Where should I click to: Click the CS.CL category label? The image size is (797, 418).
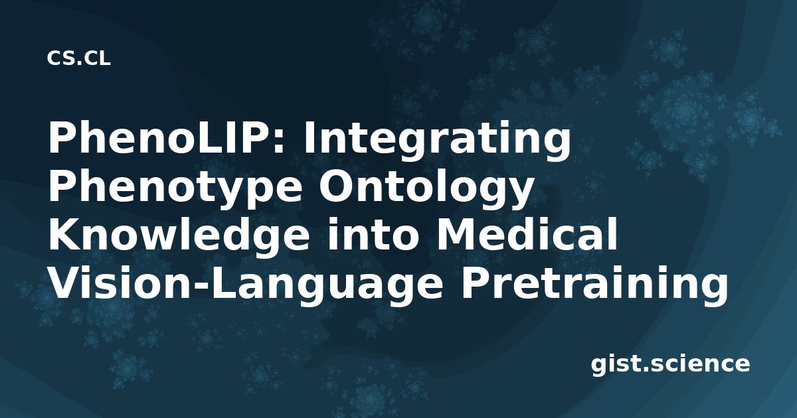[x=78, y=58]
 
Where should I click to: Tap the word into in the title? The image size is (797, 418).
[x=373, y=236]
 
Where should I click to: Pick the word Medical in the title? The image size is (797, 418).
[x=527, y=236]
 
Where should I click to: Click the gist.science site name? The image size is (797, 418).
[x=670, y=365]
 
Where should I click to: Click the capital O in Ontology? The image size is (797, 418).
[x=335, y=188]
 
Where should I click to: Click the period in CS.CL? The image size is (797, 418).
[x=79, y=62]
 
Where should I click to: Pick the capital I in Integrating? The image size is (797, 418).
[x=308, y=139]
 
